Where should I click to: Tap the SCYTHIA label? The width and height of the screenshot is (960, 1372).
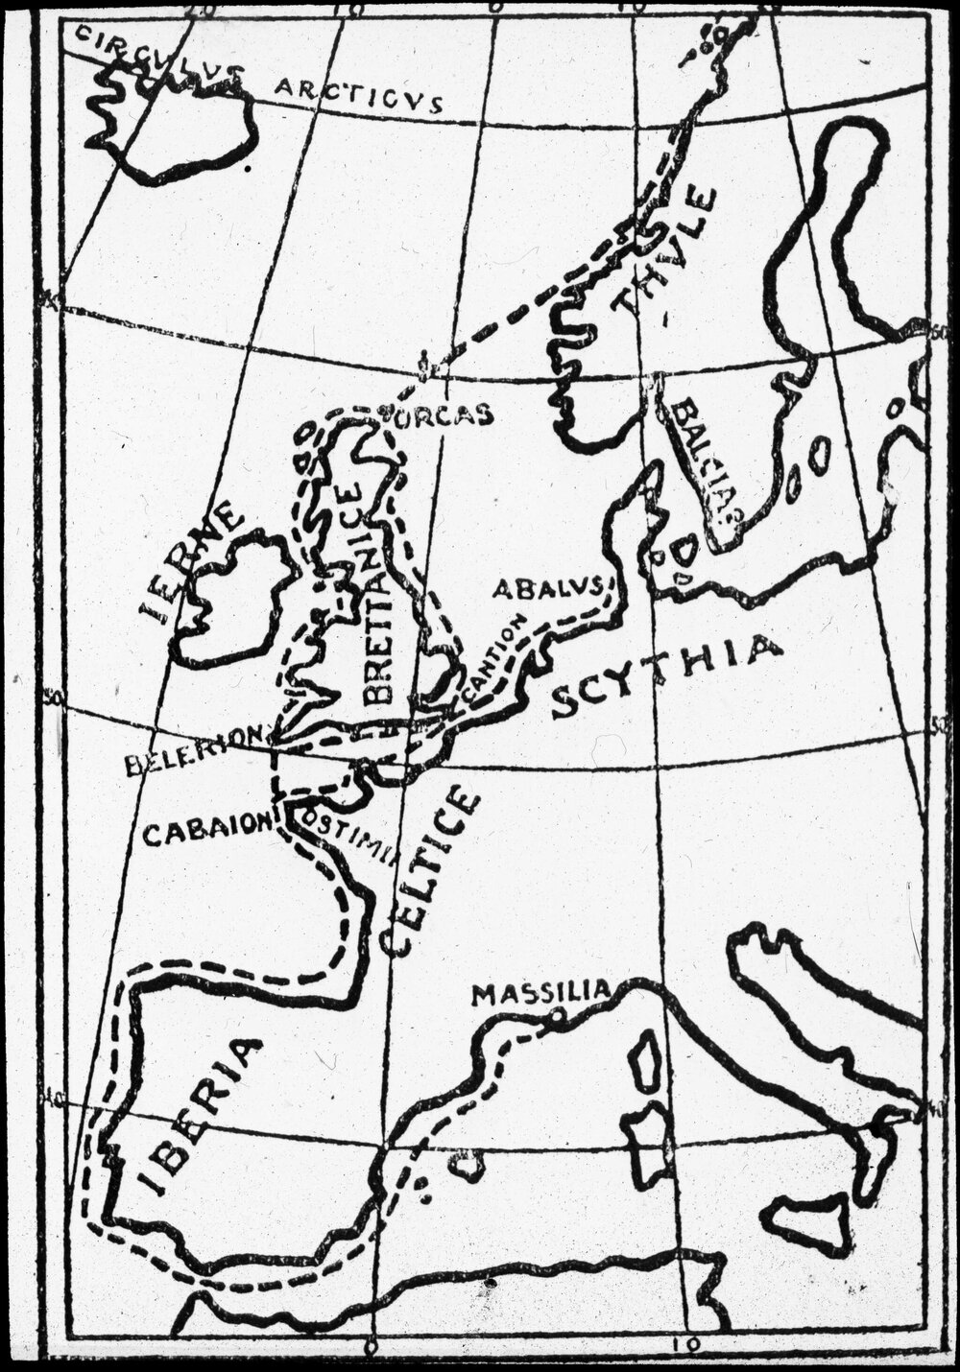click(x=667, y=675)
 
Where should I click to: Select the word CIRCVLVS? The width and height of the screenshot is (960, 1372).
click(x=158, y=55)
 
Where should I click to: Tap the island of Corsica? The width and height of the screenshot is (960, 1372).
click(x=646, y=1060)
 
